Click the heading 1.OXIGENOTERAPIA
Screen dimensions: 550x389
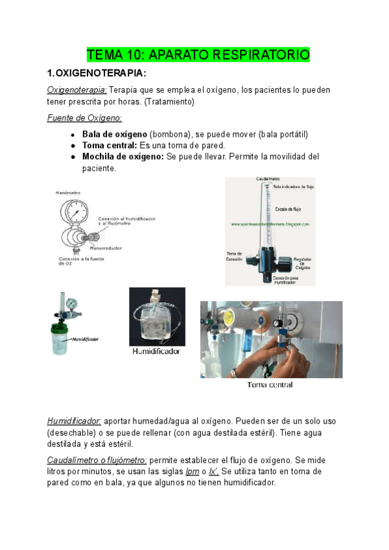(x=97, y=73)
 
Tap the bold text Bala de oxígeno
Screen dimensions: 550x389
(x=115, y=134)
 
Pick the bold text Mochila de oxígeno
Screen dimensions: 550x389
(x=123, y=157)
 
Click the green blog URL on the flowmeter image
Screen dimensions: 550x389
(x=270, y=224)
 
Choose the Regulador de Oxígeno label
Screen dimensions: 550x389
(x=303, y=262)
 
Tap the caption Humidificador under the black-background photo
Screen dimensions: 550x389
(x=156, y=352)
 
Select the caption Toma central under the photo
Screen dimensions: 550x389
(x=270, y=385)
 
